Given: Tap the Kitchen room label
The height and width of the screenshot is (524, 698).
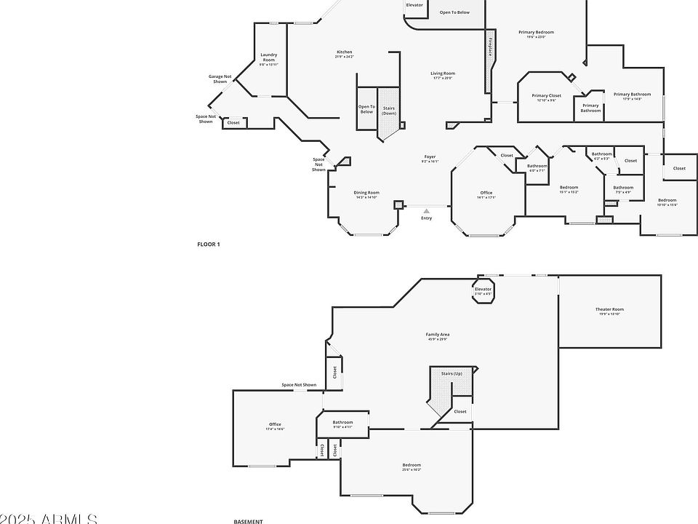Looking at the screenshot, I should pos(345,53).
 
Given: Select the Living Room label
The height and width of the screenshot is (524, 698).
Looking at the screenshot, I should pos(443,75).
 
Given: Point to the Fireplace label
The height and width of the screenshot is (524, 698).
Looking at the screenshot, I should pos(490,47).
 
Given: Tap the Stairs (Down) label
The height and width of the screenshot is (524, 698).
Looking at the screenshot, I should pos(390,111).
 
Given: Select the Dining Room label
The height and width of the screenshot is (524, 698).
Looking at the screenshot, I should pos(367,194).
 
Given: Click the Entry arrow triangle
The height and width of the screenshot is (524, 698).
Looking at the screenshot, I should pos(427,211).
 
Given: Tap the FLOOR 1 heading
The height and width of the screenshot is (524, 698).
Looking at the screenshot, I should pos(209,245).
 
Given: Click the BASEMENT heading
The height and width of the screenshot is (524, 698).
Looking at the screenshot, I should pos(248,521).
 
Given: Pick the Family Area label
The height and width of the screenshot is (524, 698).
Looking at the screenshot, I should pos(437,336).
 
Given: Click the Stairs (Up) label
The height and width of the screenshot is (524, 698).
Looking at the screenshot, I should pos(452,373).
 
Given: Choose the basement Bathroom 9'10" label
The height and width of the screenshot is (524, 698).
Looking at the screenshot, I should pos(343,424).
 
